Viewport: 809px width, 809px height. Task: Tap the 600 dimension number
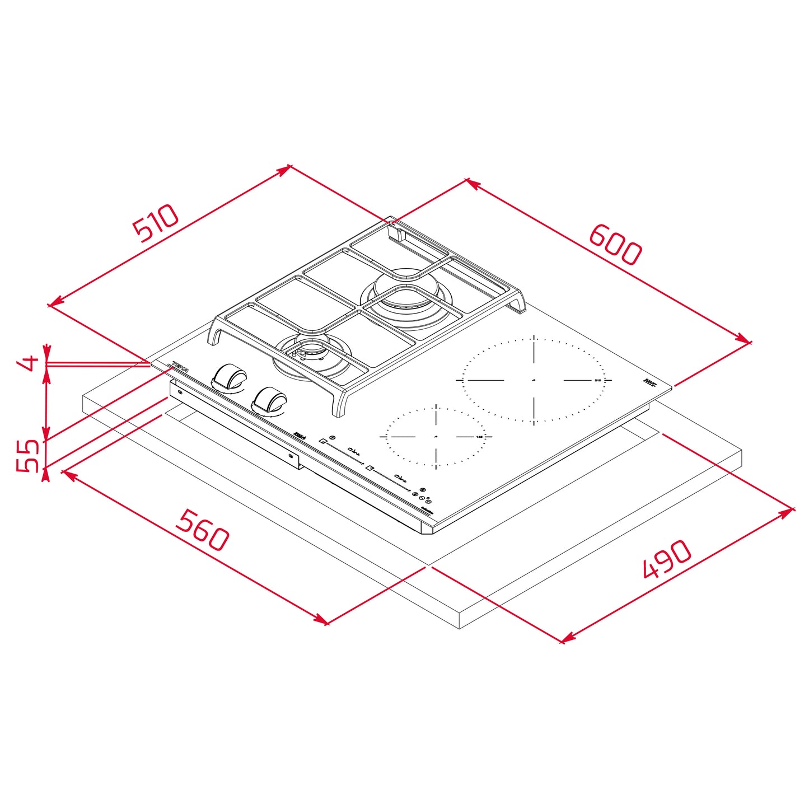[x=615, y=245]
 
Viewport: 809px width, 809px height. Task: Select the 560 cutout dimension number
[x=203, y=530]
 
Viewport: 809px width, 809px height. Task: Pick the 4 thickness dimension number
[x=27, y=363]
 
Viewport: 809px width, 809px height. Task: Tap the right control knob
[x=270, y=399]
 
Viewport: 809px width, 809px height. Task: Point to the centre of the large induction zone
[x=534, y=380]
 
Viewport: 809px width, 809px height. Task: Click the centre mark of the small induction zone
[x=436, y=436]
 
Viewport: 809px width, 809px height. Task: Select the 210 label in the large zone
[x=597, y=381]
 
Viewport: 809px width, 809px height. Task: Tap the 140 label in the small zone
[x=479, y=437]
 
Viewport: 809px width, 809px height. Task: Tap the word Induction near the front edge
[x=428, y=511]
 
